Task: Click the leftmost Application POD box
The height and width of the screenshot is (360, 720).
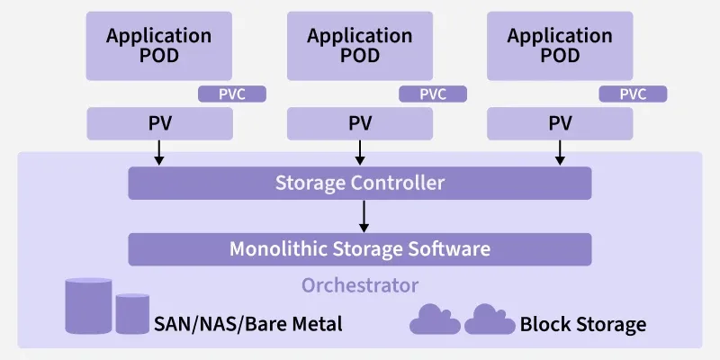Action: pyautogui.click(x=159, y=46)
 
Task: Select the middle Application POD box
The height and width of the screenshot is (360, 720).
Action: pyautogui.click(x=359, y=46)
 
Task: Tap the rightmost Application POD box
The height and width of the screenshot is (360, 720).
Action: pyautogui.click(x=560, y=46)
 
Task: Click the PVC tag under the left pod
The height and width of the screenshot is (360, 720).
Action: pyautogui.click(x=232, y=94)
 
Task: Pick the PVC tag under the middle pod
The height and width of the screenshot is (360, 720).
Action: pyautogui.click(x=433, y=94)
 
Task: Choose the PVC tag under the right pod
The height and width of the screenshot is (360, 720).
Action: pyautogui.click(x=634, y=94)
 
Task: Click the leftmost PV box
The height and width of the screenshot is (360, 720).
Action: pyautogui.click(x=159, y=123)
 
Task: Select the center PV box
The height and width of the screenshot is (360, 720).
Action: pyautogui.click(x=359, y=123)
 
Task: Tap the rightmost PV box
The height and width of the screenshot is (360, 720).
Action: pyautogui.click(x=560, y=123)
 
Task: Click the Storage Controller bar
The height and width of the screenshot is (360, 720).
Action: pyautogui.click(x=359, y=184)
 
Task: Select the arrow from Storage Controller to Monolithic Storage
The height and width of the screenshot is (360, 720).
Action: pyautogui.click(x=364, y=216)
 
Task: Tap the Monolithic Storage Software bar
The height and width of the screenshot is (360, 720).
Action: pyautogui.click(x=359, y=249)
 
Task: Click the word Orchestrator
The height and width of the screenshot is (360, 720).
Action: pyautogui.click(x=359, y=286)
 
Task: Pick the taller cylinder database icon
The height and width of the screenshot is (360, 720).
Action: pyautogui.click(x=88, y=306)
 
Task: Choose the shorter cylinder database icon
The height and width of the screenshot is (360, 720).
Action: pyautogui.click(x=131, y=314)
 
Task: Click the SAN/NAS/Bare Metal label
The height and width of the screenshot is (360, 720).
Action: pyautogui.click(x=248, y=324)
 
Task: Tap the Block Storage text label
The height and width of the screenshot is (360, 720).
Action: pyautogui.click(x=582, y=324)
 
